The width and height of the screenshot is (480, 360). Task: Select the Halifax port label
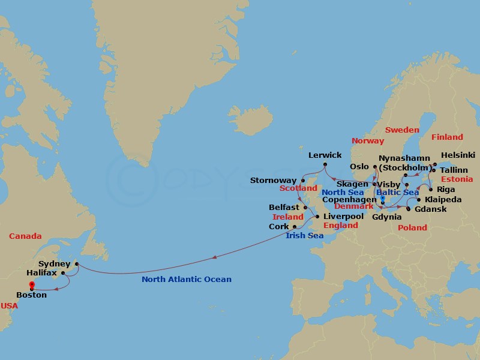pyautogui.click(x=41, y=272)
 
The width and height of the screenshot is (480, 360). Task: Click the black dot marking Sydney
pyautogui.click(x=77, y=263)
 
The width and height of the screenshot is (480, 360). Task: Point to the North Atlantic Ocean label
pyautogui.click(x=186, y=279)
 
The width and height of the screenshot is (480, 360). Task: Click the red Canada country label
pyautogui.click(x=25, y=236)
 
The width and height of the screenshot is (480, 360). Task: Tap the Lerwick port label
pyautogui.click(x=325, y=155)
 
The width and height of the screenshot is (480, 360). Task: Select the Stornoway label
pyautogui.click(x=274, y=180)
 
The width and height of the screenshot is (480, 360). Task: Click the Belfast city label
pyautogui.click(x=284, y=207)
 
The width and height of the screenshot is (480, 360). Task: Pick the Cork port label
pyautogui.click(x=278, y=227)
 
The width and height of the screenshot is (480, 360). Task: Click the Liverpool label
pyautogui.click(x=343, y=216)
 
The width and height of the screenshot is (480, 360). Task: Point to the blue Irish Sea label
pyautogui.click(x=304, y=236)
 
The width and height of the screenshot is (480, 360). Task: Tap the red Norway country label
pyautogui.click(x=368, y=140)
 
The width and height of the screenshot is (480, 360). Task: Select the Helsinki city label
pyautogui.click(x=458, y=154)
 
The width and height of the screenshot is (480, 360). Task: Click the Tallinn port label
pyautogui.click(x=454, y=170)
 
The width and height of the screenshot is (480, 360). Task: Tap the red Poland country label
pyautogui.click(x=412, y=227)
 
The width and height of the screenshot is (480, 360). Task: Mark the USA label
pyautogui.click(x=9, y=305)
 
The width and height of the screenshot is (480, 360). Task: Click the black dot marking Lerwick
pyautogui.click(x=325, y=164)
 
